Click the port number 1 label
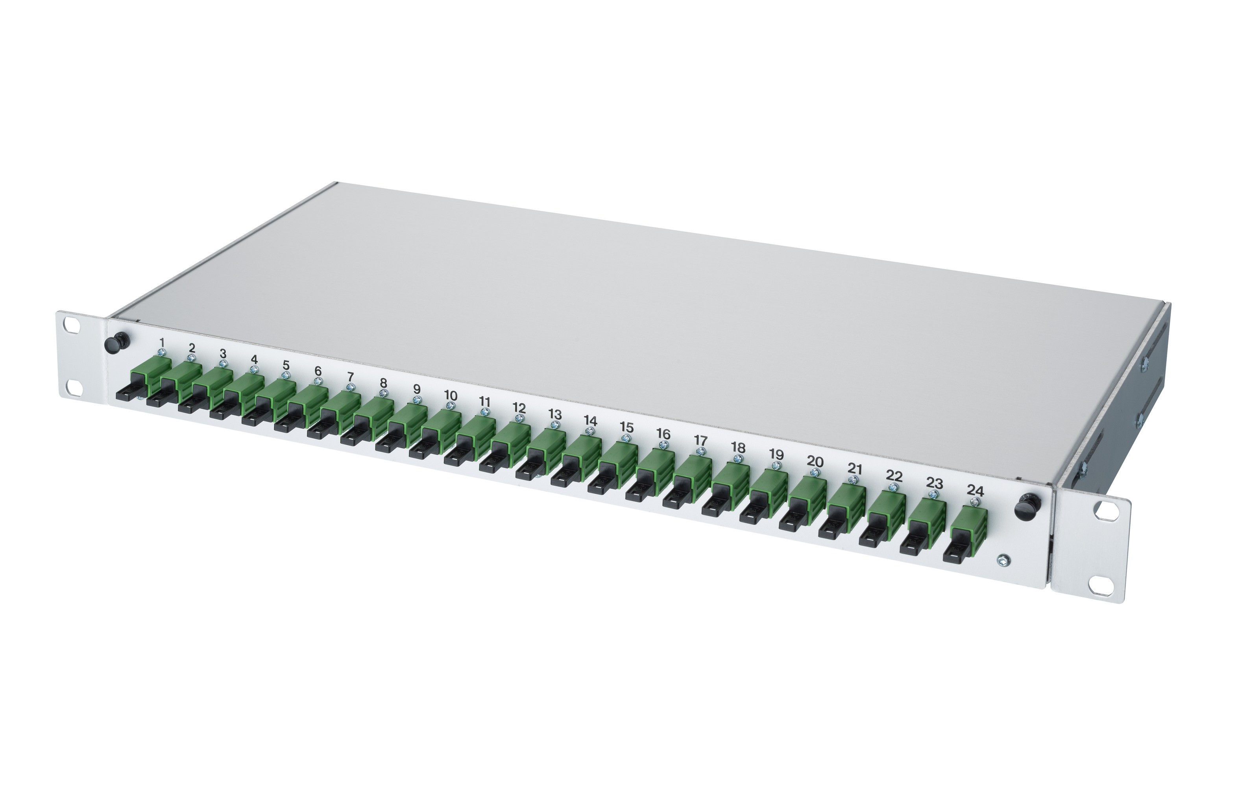click(162, 342)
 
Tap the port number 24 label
click(975, 490)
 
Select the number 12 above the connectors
click(519, 408)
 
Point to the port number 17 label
click(700, 440)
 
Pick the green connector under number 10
click(442, 425)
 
